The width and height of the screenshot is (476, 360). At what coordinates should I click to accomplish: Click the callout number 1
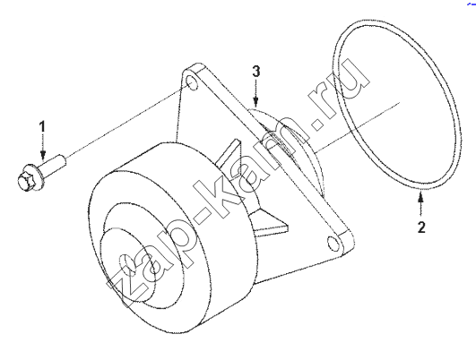43,127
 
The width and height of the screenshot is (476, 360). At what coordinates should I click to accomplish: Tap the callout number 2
421,227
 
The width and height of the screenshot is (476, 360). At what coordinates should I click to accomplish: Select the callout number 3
256,72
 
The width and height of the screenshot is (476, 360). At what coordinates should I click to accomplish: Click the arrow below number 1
43,147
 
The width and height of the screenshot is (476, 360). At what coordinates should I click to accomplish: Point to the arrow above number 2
420,205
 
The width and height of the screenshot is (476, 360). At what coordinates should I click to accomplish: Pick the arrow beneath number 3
256,93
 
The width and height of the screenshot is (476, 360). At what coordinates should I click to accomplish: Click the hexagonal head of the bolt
25,182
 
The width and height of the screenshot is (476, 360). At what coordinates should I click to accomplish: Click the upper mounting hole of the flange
192,82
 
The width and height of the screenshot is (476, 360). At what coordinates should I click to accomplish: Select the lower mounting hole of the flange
333,244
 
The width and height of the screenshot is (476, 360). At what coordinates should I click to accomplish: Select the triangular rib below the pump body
270,222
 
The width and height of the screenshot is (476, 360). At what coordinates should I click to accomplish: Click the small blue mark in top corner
472,3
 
